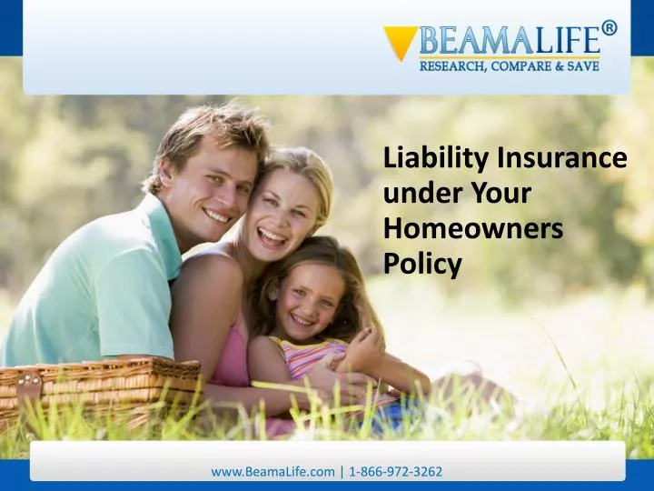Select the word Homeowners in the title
coord(473,230)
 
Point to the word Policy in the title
coord(422,265)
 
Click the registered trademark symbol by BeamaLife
coord(609,27)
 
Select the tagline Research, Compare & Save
coord(509,66)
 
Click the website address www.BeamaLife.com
coord(272,472)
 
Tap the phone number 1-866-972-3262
coord(393,472)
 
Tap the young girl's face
coord(307,301)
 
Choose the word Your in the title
coord(501,195)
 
